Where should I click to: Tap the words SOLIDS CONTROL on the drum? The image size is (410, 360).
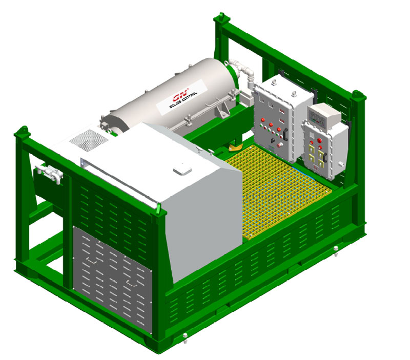(183, 100)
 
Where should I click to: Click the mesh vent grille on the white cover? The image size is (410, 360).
(89, 140)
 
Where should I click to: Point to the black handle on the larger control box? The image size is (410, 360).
(285, 134)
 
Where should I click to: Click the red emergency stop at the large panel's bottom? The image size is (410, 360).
(281, 144)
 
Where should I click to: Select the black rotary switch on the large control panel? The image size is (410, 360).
(273, 140)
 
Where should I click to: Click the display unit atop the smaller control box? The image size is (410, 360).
(324, 115)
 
